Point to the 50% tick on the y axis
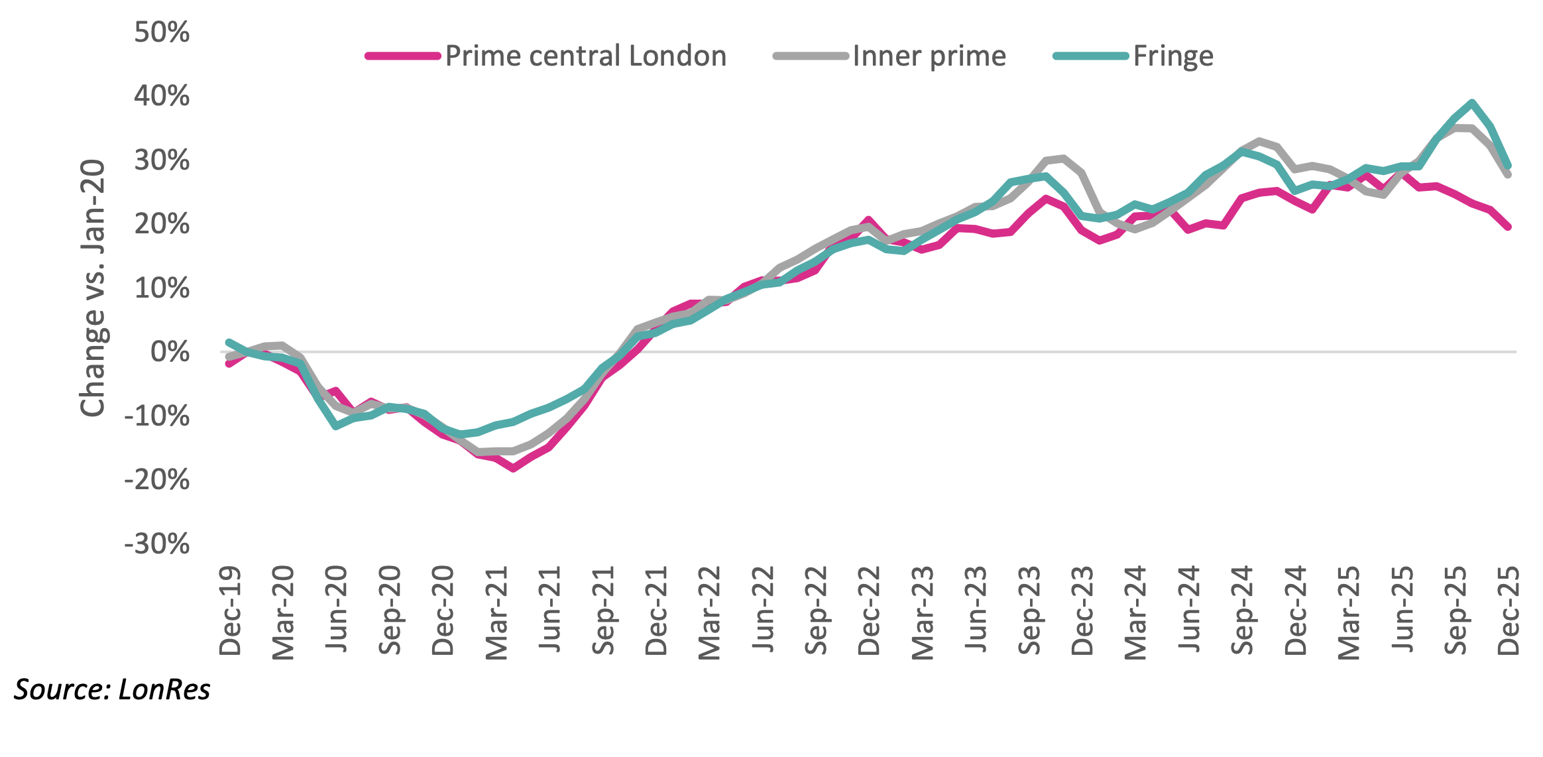(162, 32)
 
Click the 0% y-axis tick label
(170, 352)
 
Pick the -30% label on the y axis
(157, 544)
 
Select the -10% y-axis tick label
(157, 416)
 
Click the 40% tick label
(162, 96)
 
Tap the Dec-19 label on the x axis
(230, 611)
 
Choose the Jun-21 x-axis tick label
(549, 609)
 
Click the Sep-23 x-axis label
(1029, 611)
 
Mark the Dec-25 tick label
(1508, 611)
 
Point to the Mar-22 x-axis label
(709, 612)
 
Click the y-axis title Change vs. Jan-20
(93, 288)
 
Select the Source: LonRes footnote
(112, 690)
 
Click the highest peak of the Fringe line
(1472, 103)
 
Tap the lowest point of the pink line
(513, 468)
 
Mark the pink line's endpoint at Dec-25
(1508, 227)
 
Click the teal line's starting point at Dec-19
(229, 343)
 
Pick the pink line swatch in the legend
(403, 56)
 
